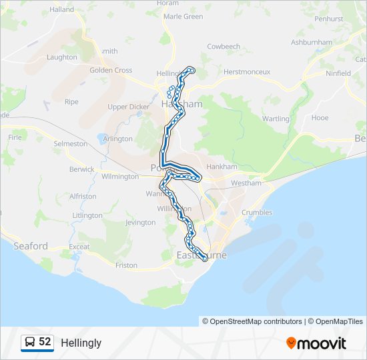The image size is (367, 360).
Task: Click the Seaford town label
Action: click(x=31, y=246)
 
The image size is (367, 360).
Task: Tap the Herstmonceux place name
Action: click(x=247, y=71)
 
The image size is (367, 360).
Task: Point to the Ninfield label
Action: click(x=338, y=73)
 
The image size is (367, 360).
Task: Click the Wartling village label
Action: click(x=276, y=119)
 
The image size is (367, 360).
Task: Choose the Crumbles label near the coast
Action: click(x=257, y=213)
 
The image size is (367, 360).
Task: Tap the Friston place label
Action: click(x=126, y=265)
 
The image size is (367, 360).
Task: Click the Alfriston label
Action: click(x=83, y=197)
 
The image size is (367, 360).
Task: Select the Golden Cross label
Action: click(x=111, y=70)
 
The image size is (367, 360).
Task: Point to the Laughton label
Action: click(x=62, y=57)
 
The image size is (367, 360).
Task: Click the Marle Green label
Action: click(x=183, y=16)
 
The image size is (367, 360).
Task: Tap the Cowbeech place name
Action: click(x=224, y=47)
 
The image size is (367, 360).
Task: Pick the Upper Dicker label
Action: click(x=128, y=107)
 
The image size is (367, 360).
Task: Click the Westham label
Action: click(x=244, y=183)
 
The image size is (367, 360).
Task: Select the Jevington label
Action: click(x=139, y=223)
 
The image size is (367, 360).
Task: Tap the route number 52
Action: click(x=45, y=342)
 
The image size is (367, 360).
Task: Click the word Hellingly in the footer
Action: click(x=81, y=343)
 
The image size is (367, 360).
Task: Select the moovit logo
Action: click(x=316, y=343)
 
